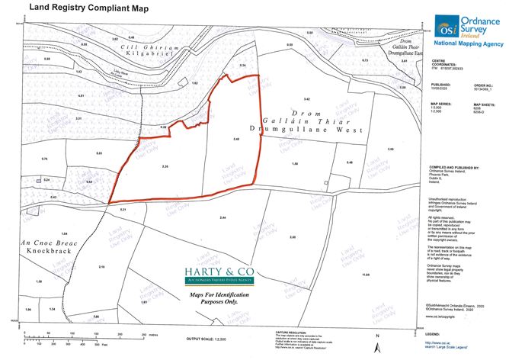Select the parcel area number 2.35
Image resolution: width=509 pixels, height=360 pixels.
[x=165, y=166]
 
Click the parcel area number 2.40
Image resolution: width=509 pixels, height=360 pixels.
[x=237, y=139]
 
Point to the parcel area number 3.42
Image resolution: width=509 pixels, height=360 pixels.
[x=307, y=100]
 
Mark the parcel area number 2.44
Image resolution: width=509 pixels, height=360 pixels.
[x=222, y=219]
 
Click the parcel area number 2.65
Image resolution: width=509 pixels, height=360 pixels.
[x=293, y=238]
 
